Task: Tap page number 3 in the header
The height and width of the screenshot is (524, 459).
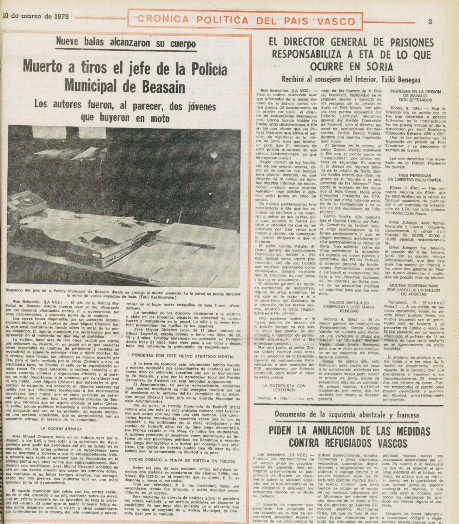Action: click(x=430, y=22)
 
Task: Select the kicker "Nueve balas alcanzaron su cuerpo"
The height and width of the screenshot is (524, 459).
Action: click(x=126, y=43)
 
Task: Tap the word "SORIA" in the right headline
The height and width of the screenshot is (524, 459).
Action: click(x=376, y=67)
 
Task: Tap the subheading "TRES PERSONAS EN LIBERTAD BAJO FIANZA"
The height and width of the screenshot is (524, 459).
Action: click(x=414, y=178)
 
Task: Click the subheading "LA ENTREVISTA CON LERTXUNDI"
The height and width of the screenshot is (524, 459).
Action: click(x=284, y=388)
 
